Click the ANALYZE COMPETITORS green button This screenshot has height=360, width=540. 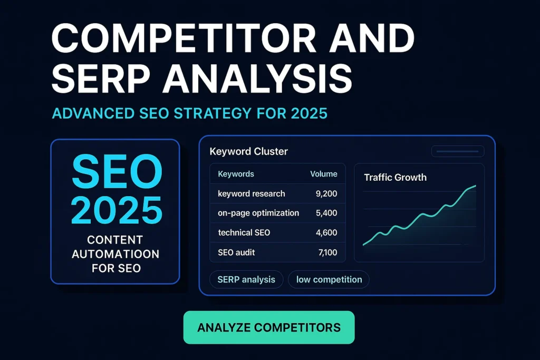pos(269,327)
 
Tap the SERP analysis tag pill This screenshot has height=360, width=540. pos(246,279)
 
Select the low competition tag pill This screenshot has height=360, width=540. pos(329,279)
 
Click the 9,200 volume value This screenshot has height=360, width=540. pos(326,194)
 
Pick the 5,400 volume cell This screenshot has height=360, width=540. pos(326,213)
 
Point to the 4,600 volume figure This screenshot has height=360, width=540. pos(326,232)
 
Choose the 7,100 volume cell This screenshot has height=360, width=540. pos(327,252)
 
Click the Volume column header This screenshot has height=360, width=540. pos(324,174)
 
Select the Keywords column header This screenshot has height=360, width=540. pos(236,174)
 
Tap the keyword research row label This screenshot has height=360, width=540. pos(252,194)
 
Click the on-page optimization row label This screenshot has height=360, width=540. pos(258,213)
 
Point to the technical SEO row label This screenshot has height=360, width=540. pos(244,232)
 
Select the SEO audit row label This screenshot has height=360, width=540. pos(236,252)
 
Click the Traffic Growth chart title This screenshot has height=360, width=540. pos(396,178)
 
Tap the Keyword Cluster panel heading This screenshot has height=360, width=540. pos(249,151)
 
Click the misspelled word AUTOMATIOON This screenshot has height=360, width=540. pos(115,254)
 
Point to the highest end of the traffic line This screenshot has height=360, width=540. pos(476,186)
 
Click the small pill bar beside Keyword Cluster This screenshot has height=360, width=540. pos(458,151)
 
